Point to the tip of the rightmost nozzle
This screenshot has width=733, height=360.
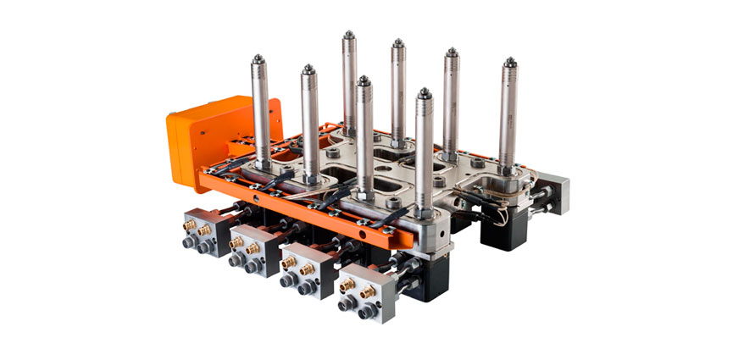click(x=509, y=62)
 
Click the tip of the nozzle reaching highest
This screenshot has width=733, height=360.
click(x=349, y=36)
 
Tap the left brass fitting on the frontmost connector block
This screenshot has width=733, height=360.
click(x=346, y=285)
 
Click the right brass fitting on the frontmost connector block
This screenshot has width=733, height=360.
click(x=368, y=291)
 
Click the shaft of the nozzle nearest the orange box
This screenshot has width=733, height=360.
click(x=260, y=110)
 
